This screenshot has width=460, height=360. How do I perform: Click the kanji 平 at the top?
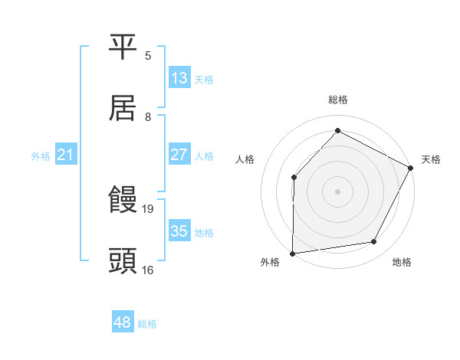coord(123,47)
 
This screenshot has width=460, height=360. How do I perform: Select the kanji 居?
coord(123,108)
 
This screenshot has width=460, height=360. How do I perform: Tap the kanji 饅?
coord(123,201)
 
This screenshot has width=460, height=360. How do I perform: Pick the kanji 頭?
coord(123,261)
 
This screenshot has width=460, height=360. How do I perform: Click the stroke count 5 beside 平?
coord(148,56)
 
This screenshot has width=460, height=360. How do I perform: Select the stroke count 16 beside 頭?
coord(148,270)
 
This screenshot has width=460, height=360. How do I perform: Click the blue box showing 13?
coord(179,78)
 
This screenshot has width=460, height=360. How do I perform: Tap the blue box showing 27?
coord(179,155)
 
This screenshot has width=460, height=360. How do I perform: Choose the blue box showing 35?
coord(179,231)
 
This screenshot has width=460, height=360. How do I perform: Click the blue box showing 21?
coord(66,155)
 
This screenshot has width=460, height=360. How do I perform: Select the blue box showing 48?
coord(123,323)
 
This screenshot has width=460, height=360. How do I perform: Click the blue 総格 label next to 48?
coord(147,324)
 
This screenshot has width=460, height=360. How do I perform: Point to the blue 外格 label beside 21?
coord(41,155)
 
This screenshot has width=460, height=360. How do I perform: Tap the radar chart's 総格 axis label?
coord(338,100)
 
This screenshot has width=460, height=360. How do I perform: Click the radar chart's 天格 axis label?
coord(431,159)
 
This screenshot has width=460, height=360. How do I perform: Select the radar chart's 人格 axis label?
coord(245,159)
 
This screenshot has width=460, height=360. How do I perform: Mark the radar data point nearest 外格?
coord(293,253)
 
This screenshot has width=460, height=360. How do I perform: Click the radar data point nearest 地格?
coord(374,242)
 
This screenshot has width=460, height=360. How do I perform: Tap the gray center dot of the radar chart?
coord(337,191)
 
